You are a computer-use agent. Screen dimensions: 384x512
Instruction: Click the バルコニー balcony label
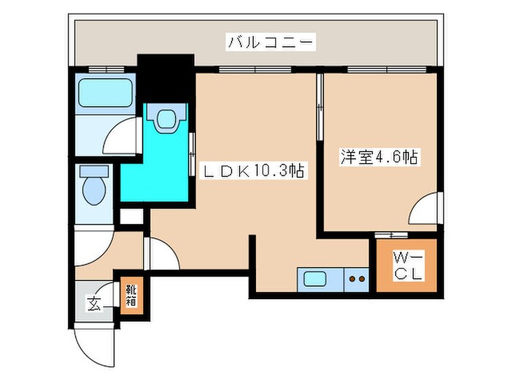point(271,42)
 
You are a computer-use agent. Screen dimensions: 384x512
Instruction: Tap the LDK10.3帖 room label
point(253,171)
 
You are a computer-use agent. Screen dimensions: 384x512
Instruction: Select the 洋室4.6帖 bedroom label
point(378,157)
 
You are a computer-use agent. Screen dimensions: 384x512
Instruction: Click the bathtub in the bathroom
point(103,93)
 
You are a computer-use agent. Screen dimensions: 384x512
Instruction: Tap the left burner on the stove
point(351,279)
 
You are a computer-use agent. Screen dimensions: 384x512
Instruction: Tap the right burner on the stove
point(361,279)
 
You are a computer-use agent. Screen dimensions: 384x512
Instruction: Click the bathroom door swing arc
point(118,137)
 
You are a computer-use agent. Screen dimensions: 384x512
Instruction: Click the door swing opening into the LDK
point(162,254)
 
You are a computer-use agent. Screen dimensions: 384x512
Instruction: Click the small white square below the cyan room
point(132,217)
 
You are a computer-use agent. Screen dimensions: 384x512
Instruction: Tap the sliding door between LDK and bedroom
point(319,110)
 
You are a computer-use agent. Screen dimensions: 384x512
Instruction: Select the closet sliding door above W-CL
point(389,235)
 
